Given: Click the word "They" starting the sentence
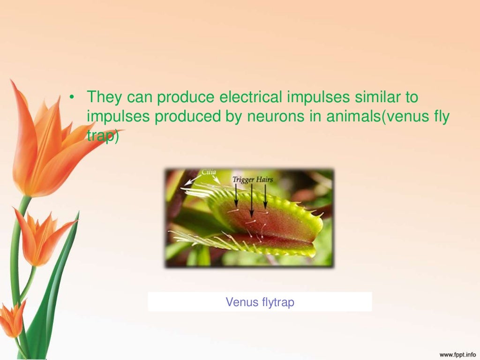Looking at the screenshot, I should click(104, 97).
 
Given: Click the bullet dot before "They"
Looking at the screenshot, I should click(72, 98).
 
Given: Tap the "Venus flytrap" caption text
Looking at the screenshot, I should click(260, 302).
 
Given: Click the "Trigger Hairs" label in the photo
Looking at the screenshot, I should click(252, 180).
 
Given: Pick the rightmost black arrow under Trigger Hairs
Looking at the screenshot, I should click(265, 196).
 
